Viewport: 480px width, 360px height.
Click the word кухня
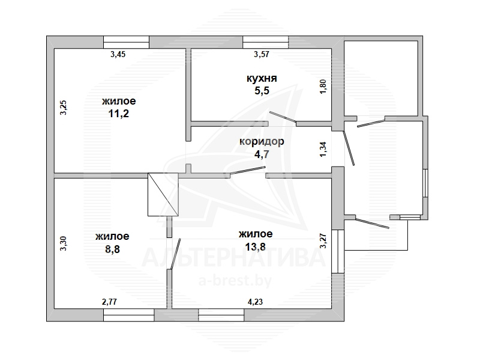262,79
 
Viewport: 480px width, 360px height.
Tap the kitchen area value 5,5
262,91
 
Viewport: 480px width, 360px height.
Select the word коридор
262,142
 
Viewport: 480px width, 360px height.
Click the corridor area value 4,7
262,154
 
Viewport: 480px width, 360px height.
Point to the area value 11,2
119,114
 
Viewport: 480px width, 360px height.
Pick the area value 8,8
112,249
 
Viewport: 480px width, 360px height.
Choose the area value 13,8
256,246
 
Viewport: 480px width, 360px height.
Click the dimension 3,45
118,54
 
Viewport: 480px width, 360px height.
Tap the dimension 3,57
262,54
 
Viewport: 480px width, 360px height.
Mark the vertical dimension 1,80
323,87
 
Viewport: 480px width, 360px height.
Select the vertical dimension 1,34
323,149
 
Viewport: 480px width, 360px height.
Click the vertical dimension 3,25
64,108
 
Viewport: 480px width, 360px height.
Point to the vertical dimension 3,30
64,243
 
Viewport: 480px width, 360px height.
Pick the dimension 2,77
109,302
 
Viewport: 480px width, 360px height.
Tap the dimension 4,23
255,302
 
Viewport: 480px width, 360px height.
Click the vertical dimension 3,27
323,241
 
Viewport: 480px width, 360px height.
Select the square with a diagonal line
163,194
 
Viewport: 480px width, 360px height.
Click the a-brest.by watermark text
235,281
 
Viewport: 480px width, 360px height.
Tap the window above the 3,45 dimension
126,42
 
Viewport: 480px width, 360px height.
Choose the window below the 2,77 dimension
128,315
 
